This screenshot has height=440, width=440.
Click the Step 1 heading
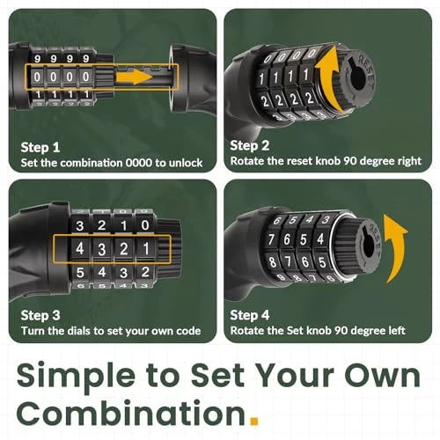coord(41,146)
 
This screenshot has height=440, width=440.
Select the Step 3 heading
coord(41,315)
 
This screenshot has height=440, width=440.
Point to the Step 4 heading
coord(251,314)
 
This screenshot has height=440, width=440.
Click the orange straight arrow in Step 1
coord(136,77)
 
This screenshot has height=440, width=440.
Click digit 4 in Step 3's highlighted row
coord(80,248)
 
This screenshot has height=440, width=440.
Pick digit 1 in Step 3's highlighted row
coord(144,248)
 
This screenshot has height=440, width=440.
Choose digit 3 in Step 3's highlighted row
coord(102,248)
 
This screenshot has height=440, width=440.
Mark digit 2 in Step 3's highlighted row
coord(123,248)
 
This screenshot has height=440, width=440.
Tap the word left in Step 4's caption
coord(394,332)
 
